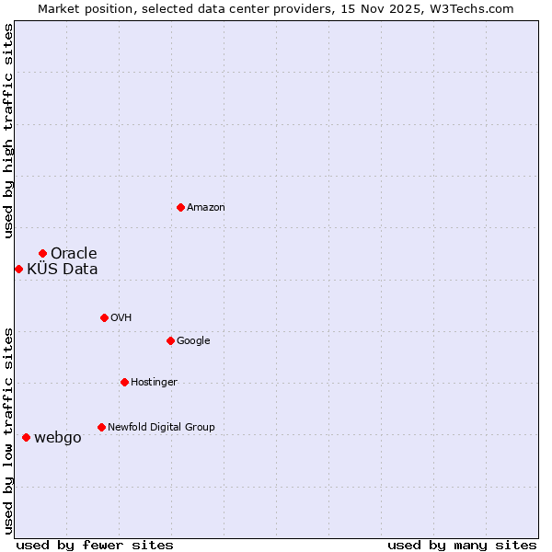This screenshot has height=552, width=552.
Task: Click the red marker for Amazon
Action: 180,207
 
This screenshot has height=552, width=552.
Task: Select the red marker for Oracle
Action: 42,253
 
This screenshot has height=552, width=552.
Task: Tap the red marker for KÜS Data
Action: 18,269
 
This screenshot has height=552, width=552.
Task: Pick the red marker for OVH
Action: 104,317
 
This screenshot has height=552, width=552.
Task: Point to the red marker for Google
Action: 170,340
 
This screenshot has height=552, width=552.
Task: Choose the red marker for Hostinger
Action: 124,382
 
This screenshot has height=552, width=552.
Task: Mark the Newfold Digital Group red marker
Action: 101,427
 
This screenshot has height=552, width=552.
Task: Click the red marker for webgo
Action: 26,437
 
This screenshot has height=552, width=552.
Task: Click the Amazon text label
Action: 206,208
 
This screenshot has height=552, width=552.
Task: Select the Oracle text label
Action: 74,254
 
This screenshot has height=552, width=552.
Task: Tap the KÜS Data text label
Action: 62,270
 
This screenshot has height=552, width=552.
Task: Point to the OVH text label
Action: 121,318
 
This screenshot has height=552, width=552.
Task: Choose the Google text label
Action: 193,341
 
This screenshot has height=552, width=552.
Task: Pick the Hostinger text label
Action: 154,383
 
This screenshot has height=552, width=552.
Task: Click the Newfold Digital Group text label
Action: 161,428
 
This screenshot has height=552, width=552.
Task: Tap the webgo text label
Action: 58,438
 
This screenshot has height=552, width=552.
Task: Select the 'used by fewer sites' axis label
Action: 95,545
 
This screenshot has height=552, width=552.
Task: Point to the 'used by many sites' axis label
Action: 462,545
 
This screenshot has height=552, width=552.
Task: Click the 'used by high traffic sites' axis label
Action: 8,131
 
